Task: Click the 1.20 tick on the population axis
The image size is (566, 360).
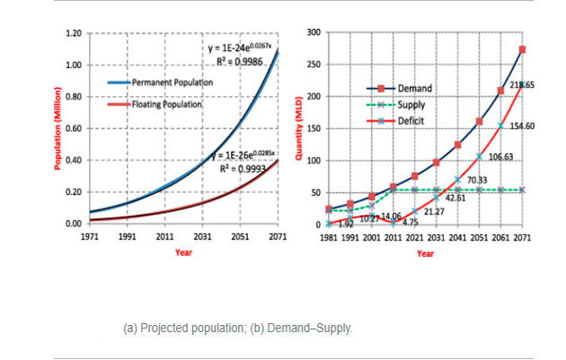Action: (73, 33)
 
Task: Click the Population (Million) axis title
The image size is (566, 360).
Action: (57, 127)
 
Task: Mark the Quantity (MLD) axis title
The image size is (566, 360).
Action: (305, 127)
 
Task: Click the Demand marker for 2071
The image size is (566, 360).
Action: (522, 49)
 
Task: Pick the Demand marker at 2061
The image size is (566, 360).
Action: (500, 91)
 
